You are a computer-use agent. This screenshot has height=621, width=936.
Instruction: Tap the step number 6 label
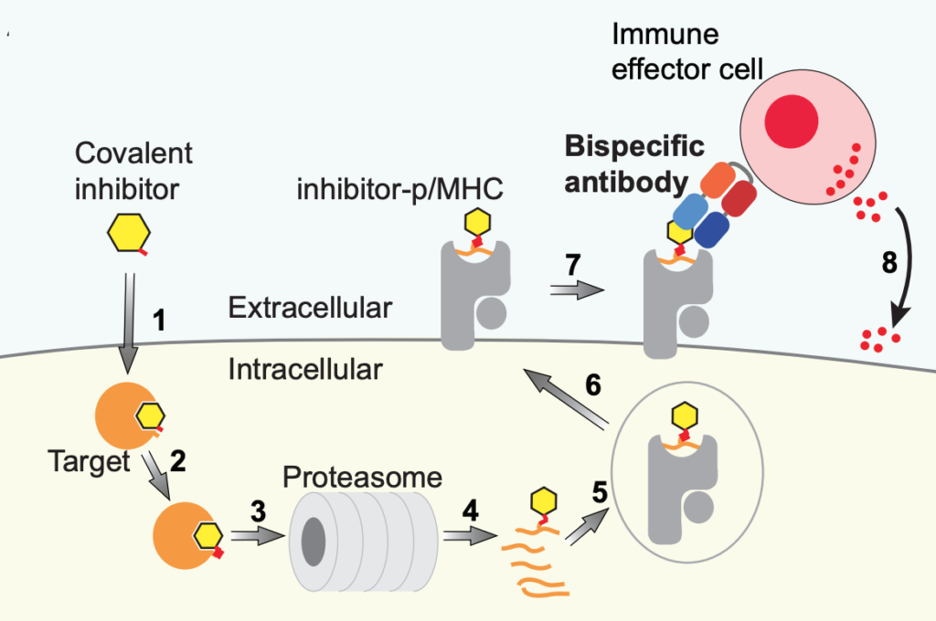[592, 385]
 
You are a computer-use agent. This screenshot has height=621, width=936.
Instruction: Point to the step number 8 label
[887, 262]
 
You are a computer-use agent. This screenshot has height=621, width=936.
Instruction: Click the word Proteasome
[363, 477]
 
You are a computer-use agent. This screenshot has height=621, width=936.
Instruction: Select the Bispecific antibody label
[634, 164]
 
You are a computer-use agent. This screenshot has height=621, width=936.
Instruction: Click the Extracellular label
[310, 308]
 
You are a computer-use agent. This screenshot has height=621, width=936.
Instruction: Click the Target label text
[89, 461]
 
